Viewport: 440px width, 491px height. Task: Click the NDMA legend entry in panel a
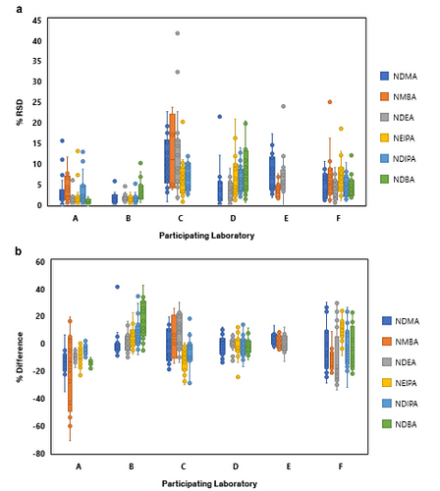399,77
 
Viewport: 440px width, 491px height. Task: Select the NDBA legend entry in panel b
401,424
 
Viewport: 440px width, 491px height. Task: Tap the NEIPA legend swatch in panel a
384,138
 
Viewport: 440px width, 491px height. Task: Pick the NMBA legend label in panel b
407,342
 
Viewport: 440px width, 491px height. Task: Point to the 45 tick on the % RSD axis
37,21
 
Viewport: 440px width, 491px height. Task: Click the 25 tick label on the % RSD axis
37,102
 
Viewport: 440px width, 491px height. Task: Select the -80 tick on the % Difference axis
38,454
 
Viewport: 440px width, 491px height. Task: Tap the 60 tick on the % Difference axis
40,262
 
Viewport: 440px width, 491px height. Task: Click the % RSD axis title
20,112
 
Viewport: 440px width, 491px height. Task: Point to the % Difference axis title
20,356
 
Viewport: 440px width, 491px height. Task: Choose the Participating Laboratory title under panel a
206,236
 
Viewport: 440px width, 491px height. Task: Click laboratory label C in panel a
181,218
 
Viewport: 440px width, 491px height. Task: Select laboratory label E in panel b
289,466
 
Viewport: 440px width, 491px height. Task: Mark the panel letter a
20,9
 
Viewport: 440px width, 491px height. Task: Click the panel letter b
19,251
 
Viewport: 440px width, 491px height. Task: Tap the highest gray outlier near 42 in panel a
178,33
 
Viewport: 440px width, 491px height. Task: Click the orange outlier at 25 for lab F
330,102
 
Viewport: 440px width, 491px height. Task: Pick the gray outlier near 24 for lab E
284,106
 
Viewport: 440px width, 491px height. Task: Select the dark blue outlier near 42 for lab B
117,287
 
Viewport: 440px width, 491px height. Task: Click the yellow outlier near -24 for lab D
238,377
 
